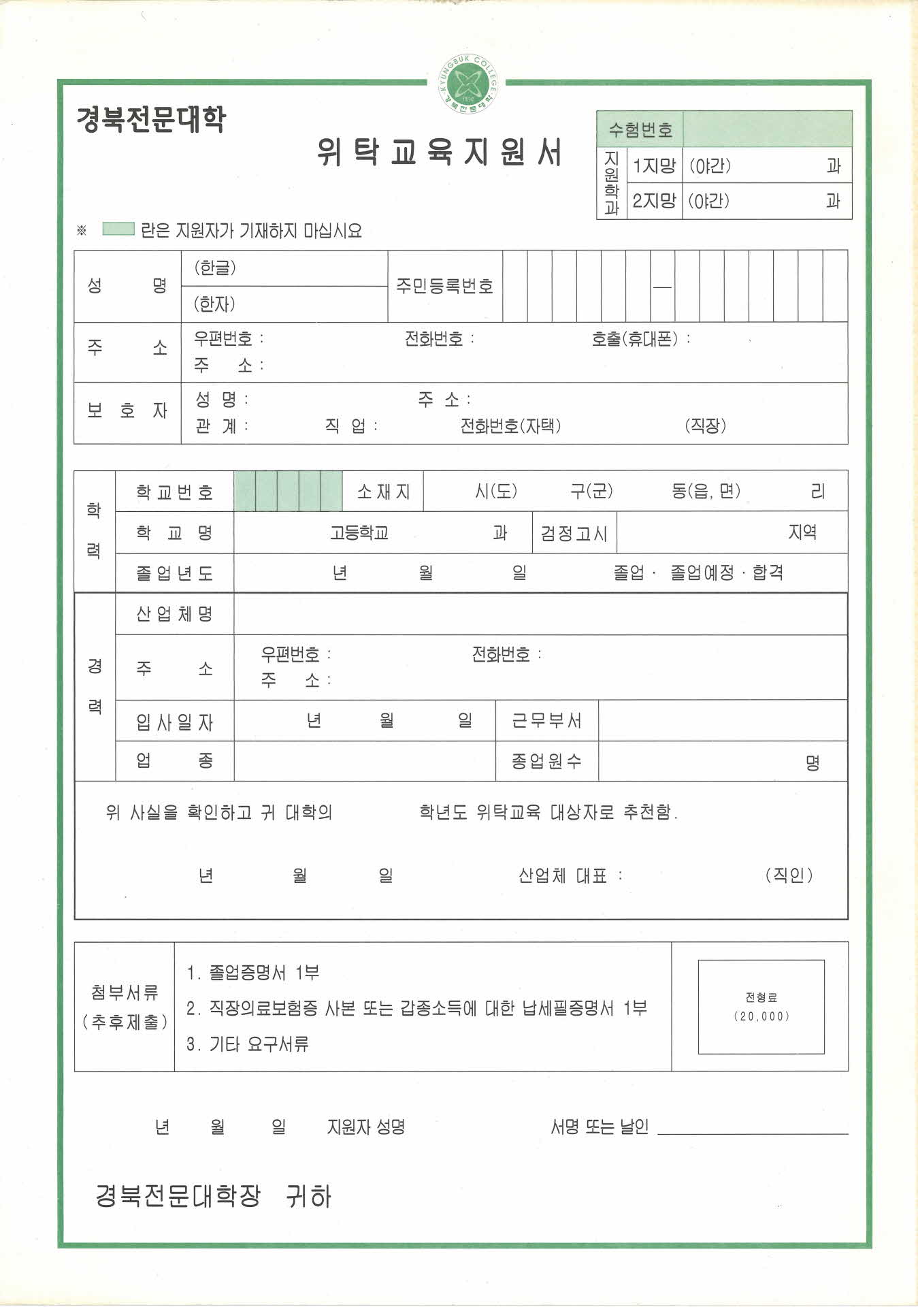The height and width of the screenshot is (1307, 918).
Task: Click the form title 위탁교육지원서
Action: (440, 152)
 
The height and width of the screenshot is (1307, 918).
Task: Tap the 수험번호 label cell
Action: (640, 129)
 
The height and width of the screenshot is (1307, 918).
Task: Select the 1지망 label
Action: (654, 166)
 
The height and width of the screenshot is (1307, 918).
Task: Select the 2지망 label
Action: (654, 201)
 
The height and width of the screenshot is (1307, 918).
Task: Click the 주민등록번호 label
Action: (444, 286)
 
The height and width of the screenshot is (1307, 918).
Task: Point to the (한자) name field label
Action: (215, 304)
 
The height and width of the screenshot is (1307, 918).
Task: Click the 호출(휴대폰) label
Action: (634, 339)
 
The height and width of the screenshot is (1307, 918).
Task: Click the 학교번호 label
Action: (175, 491)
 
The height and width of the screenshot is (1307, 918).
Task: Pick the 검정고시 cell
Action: (574, 533)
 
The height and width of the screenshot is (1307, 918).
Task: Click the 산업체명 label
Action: (175, 614)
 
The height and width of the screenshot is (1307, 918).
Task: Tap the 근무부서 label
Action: (547, 721)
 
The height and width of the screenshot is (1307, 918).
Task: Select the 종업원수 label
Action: (547, 761)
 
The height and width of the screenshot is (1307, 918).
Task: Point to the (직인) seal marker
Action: (789, 875)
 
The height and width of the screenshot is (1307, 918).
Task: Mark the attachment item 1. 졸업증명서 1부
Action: (253, 973)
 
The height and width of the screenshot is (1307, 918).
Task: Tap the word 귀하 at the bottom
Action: (309, 1196)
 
